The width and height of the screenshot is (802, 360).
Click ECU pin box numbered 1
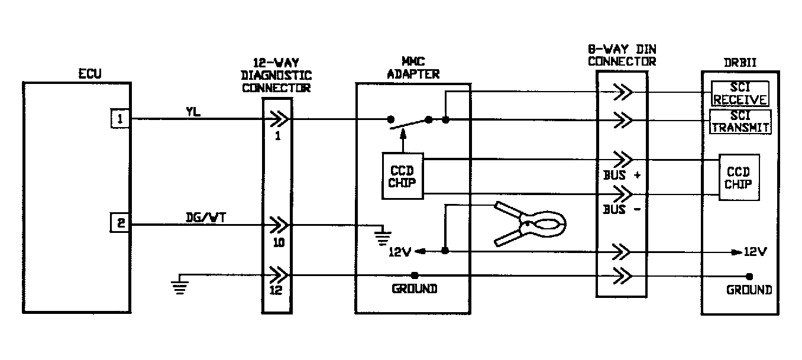pyautogui.click(x=120, y=119)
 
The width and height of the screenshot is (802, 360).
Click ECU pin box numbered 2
pyautogui.click(x=120, y=224)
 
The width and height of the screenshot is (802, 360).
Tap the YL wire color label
pyautogui.click(x=193, y=111)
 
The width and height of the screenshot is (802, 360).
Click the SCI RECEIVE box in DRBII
pyautogui.click(x=739, y=93)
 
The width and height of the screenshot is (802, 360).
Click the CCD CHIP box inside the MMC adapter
pyautogui.click(x=402, y=176)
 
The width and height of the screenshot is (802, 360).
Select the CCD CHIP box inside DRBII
pyautogui.click(x=738, y=177)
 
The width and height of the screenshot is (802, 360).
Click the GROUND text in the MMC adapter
pyautogui.click(x=414, y=289)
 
